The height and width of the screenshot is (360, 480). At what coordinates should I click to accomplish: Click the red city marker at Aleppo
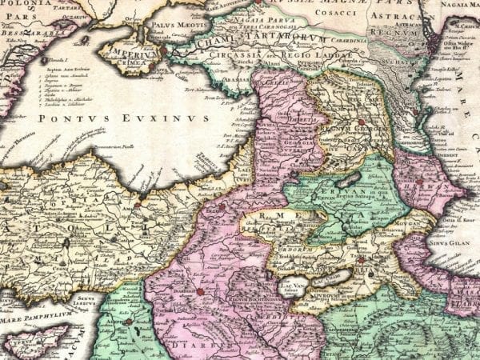pos(128,322)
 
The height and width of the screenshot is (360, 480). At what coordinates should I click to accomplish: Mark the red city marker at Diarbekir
pos(200,291)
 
